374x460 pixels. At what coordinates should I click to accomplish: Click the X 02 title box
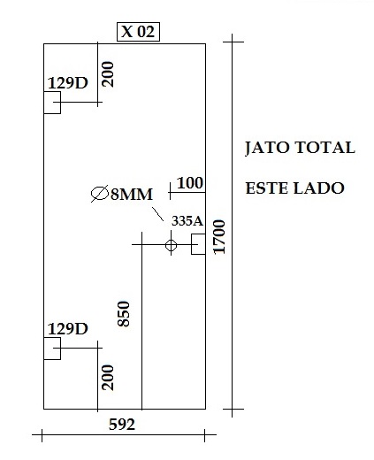click(x=138, y=32)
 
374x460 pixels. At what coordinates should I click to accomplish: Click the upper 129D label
click(x=68, y=83)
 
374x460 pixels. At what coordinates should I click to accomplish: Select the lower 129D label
click(x=68, y=328)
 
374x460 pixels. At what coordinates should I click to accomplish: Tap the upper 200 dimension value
click(x=108, y=74)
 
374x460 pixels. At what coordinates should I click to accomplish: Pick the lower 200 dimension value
click(x=108, y=378)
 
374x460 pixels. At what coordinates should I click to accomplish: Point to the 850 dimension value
click(x=124, y=314)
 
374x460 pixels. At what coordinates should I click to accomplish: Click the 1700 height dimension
click(x=219, y=237)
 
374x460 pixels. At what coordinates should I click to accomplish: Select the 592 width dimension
click(x=122, y=425)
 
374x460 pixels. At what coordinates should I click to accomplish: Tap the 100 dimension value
click(x=190, y=183)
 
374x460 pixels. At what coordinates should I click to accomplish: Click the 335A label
click(x=187, y=220)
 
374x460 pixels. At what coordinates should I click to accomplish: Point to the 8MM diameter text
click(x=132, y=195)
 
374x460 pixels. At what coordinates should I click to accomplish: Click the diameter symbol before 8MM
click(x=100, y=194)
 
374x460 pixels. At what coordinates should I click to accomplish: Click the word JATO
click(x=267, y=148)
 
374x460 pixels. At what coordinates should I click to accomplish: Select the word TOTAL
click(x=325, y=147)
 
